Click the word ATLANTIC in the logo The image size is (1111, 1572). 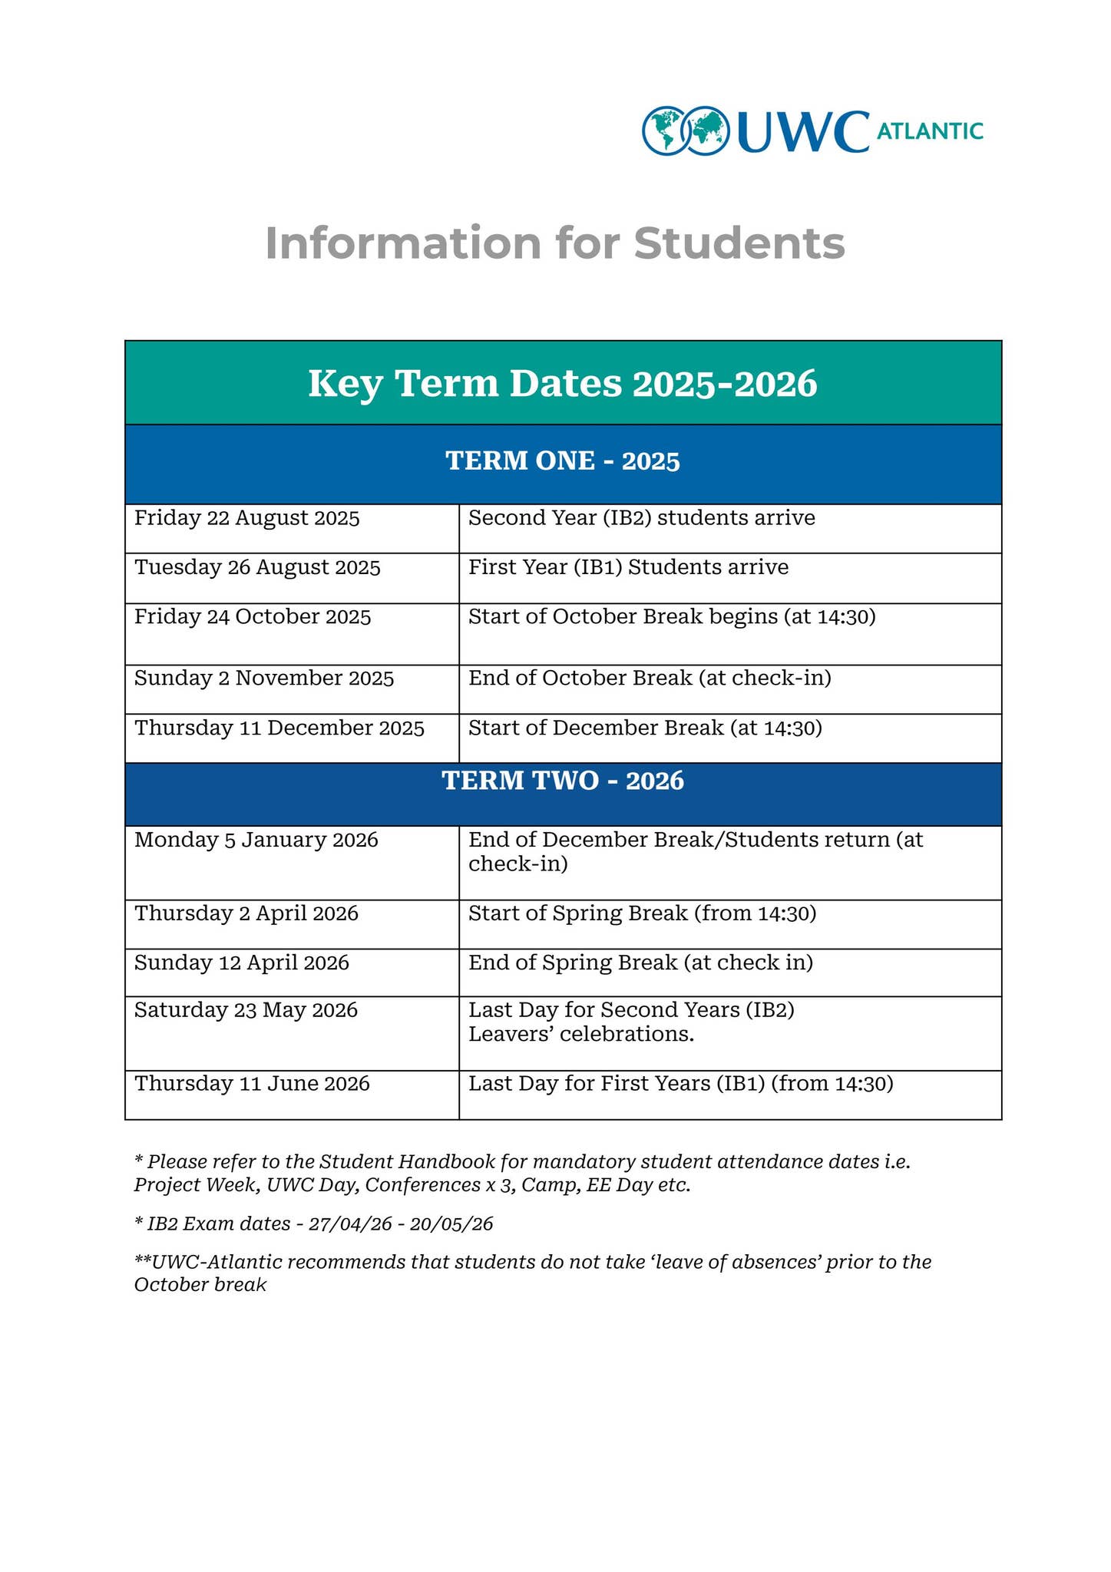(x=929, y=131)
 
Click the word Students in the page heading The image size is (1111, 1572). (x=739, y=243)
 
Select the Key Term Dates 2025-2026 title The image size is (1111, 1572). (x=563, y=383)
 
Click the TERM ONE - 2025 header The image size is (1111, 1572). (x=563, y=461)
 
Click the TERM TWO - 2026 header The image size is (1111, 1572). (x=563, y=781)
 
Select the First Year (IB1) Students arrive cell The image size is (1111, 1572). (x=628, y=568)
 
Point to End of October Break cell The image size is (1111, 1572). (x=650, y=679)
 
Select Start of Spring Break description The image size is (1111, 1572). (x=642, y=914)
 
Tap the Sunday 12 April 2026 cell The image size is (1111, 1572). (x=242, y=963)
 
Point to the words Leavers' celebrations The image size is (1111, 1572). (x=581, y=1035)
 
